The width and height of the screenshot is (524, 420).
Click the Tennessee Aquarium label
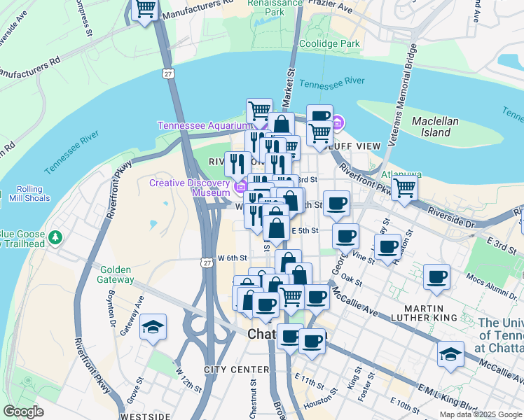[x=203, y=125]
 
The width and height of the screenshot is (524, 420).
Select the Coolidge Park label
[x=329, y=43]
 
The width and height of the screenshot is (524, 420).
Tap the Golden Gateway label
[x=117, y=274]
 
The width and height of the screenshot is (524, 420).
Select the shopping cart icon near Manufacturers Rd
[x=145, y=10]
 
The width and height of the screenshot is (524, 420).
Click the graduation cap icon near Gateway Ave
[x=152, y=327]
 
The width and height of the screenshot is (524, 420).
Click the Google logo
[x=24, y=412]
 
